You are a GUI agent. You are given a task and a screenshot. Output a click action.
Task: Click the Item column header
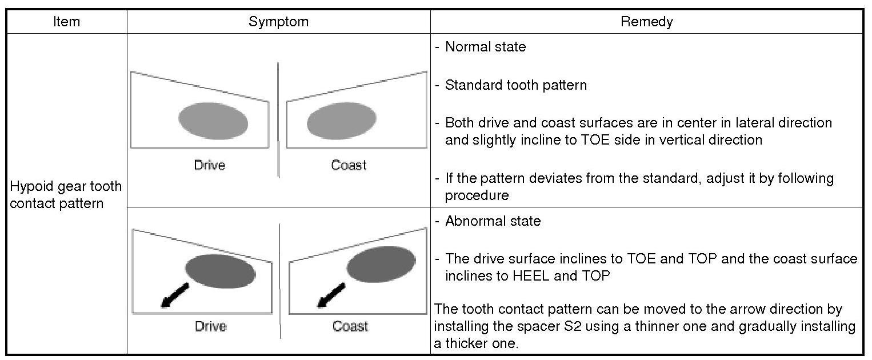point(66,22)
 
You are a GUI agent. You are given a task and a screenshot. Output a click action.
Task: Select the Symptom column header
point(278,22)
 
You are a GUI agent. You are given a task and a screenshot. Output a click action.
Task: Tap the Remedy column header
point(646,22)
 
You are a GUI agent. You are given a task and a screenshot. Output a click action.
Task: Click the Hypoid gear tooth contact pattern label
point(66,195)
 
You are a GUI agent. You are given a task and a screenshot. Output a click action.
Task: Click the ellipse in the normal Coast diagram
point(342,121)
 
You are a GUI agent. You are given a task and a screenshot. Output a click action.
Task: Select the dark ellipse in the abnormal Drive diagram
point(220,271)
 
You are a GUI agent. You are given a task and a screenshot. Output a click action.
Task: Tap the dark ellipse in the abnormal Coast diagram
point(381,265)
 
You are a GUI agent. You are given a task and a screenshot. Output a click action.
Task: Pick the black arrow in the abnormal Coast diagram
point(330,295)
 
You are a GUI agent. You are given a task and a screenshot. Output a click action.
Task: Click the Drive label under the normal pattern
point(210,166)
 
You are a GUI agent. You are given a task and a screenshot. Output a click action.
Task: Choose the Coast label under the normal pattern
point(349,166)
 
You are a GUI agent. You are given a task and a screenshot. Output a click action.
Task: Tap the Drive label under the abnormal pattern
point(210,326)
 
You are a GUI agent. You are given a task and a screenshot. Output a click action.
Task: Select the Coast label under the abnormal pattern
point(350,326)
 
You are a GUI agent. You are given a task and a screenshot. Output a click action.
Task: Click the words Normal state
point(485,47)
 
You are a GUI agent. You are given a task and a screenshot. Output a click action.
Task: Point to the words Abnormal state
point(493,221)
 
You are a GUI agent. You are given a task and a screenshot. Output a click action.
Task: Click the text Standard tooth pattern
point(515,86)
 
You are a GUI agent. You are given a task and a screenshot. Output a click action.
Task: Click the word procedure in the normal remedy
point(477,195)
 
